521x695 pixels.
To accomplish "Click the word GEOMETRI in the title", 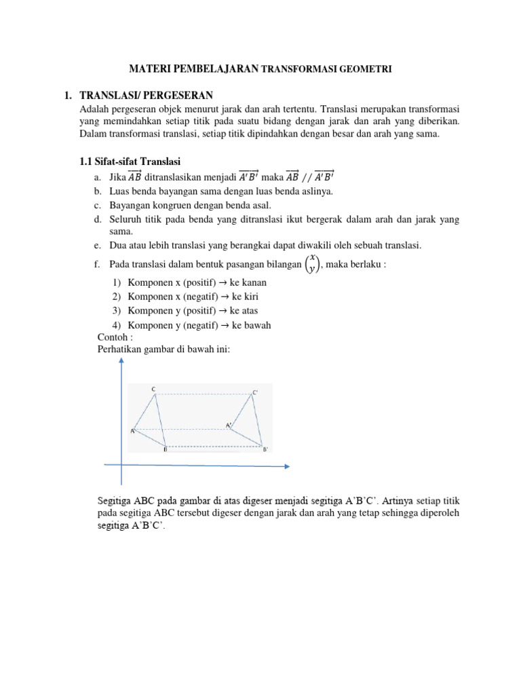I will (x=368, y=69).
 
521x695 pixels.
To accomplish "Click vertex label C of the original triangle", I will (x=153, y=389).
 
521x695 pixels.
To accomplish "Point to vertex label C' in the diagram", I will (x=255, y=392).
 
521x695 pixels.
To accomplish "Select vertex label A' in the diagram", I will (x=229, y=426).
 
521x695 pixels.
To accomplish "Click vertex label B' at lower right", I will (x=265, y=449).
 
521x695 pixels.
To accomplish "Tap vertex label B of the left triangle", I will (x=164, y=449).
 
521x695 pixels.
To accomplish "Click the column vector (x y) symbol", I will (x=311, y=264).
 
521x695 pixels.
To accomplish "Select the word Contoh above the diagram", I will (x=112, y=337).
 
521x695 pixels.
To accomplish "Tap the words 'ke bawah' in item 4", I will (x=252, y=325).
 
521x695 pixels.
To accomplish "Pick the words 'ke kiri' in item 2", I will (x=245, y=297).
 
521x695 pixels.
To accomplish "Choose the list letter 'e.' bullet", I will (x=98, y=245).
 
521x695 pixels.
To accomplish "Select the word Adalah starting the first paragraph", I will (x=94, y=109).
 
